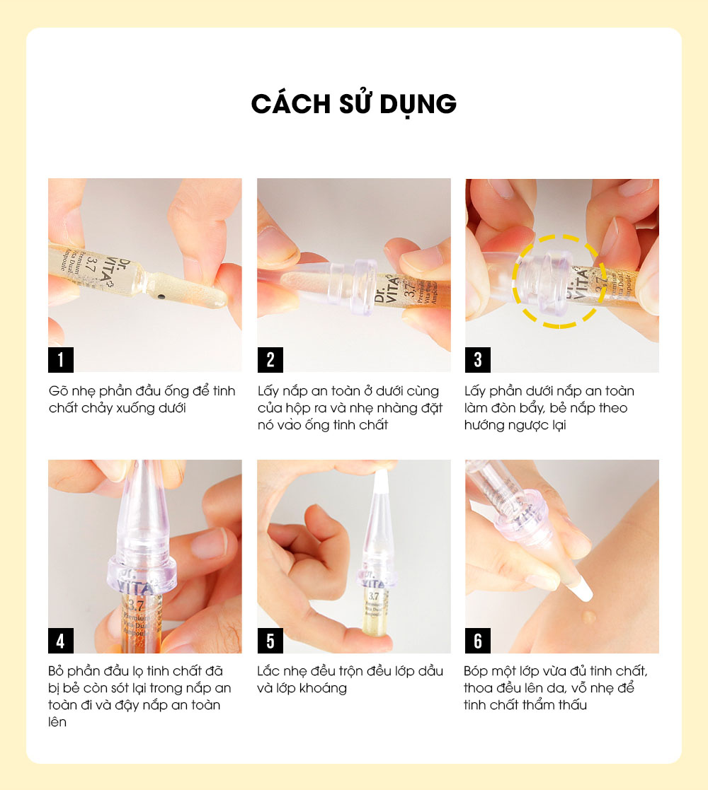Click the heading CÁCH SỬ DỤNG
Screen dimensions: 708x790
(353, 103)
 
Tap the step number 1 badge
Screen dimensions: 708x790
(60, 360)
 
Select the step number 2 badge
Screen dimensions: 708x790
(270, 360)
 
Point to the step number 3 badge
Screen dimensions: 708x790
(478, 360)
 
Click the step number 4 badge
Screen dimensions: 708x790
(60, 641)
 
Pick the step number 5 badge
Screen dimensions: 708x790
(270, 641)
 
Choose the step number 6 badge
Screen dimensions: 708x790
(478, 641)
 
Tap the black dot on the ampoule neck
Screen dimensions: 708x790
(161, 296)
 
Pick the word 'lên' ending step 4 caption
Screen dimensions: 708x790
(57, 722)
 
